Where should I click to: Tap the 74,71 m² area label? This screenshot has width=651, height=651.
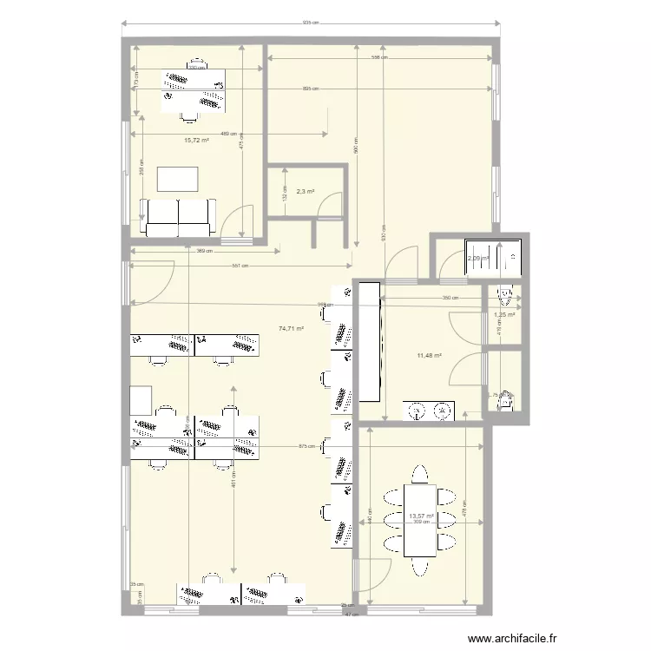pos(292,329)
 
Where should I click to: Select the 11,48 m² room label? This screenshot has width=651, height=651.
pos(430,356)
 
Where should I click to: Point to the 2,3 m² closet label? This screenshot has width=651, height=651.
pos(305,192)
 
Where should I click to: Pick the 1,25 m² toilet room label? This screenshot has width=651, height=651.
pos(504,315)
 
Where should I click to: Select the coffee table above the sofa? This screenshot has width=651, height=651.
pos(177,178)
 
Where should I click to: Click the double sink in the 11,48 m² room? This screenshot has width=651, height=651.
pos(430,408)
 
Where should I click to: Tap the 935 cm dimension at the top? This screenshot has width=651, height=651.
pos(311,23)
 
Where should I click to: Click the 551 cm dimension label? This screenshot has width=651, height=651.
pos(240,266)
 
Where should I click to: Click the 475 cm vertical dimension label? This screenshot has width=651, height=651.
pos(242,144)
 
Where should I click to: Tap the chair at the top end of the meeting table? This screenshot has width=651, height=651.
pos(421,475)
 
